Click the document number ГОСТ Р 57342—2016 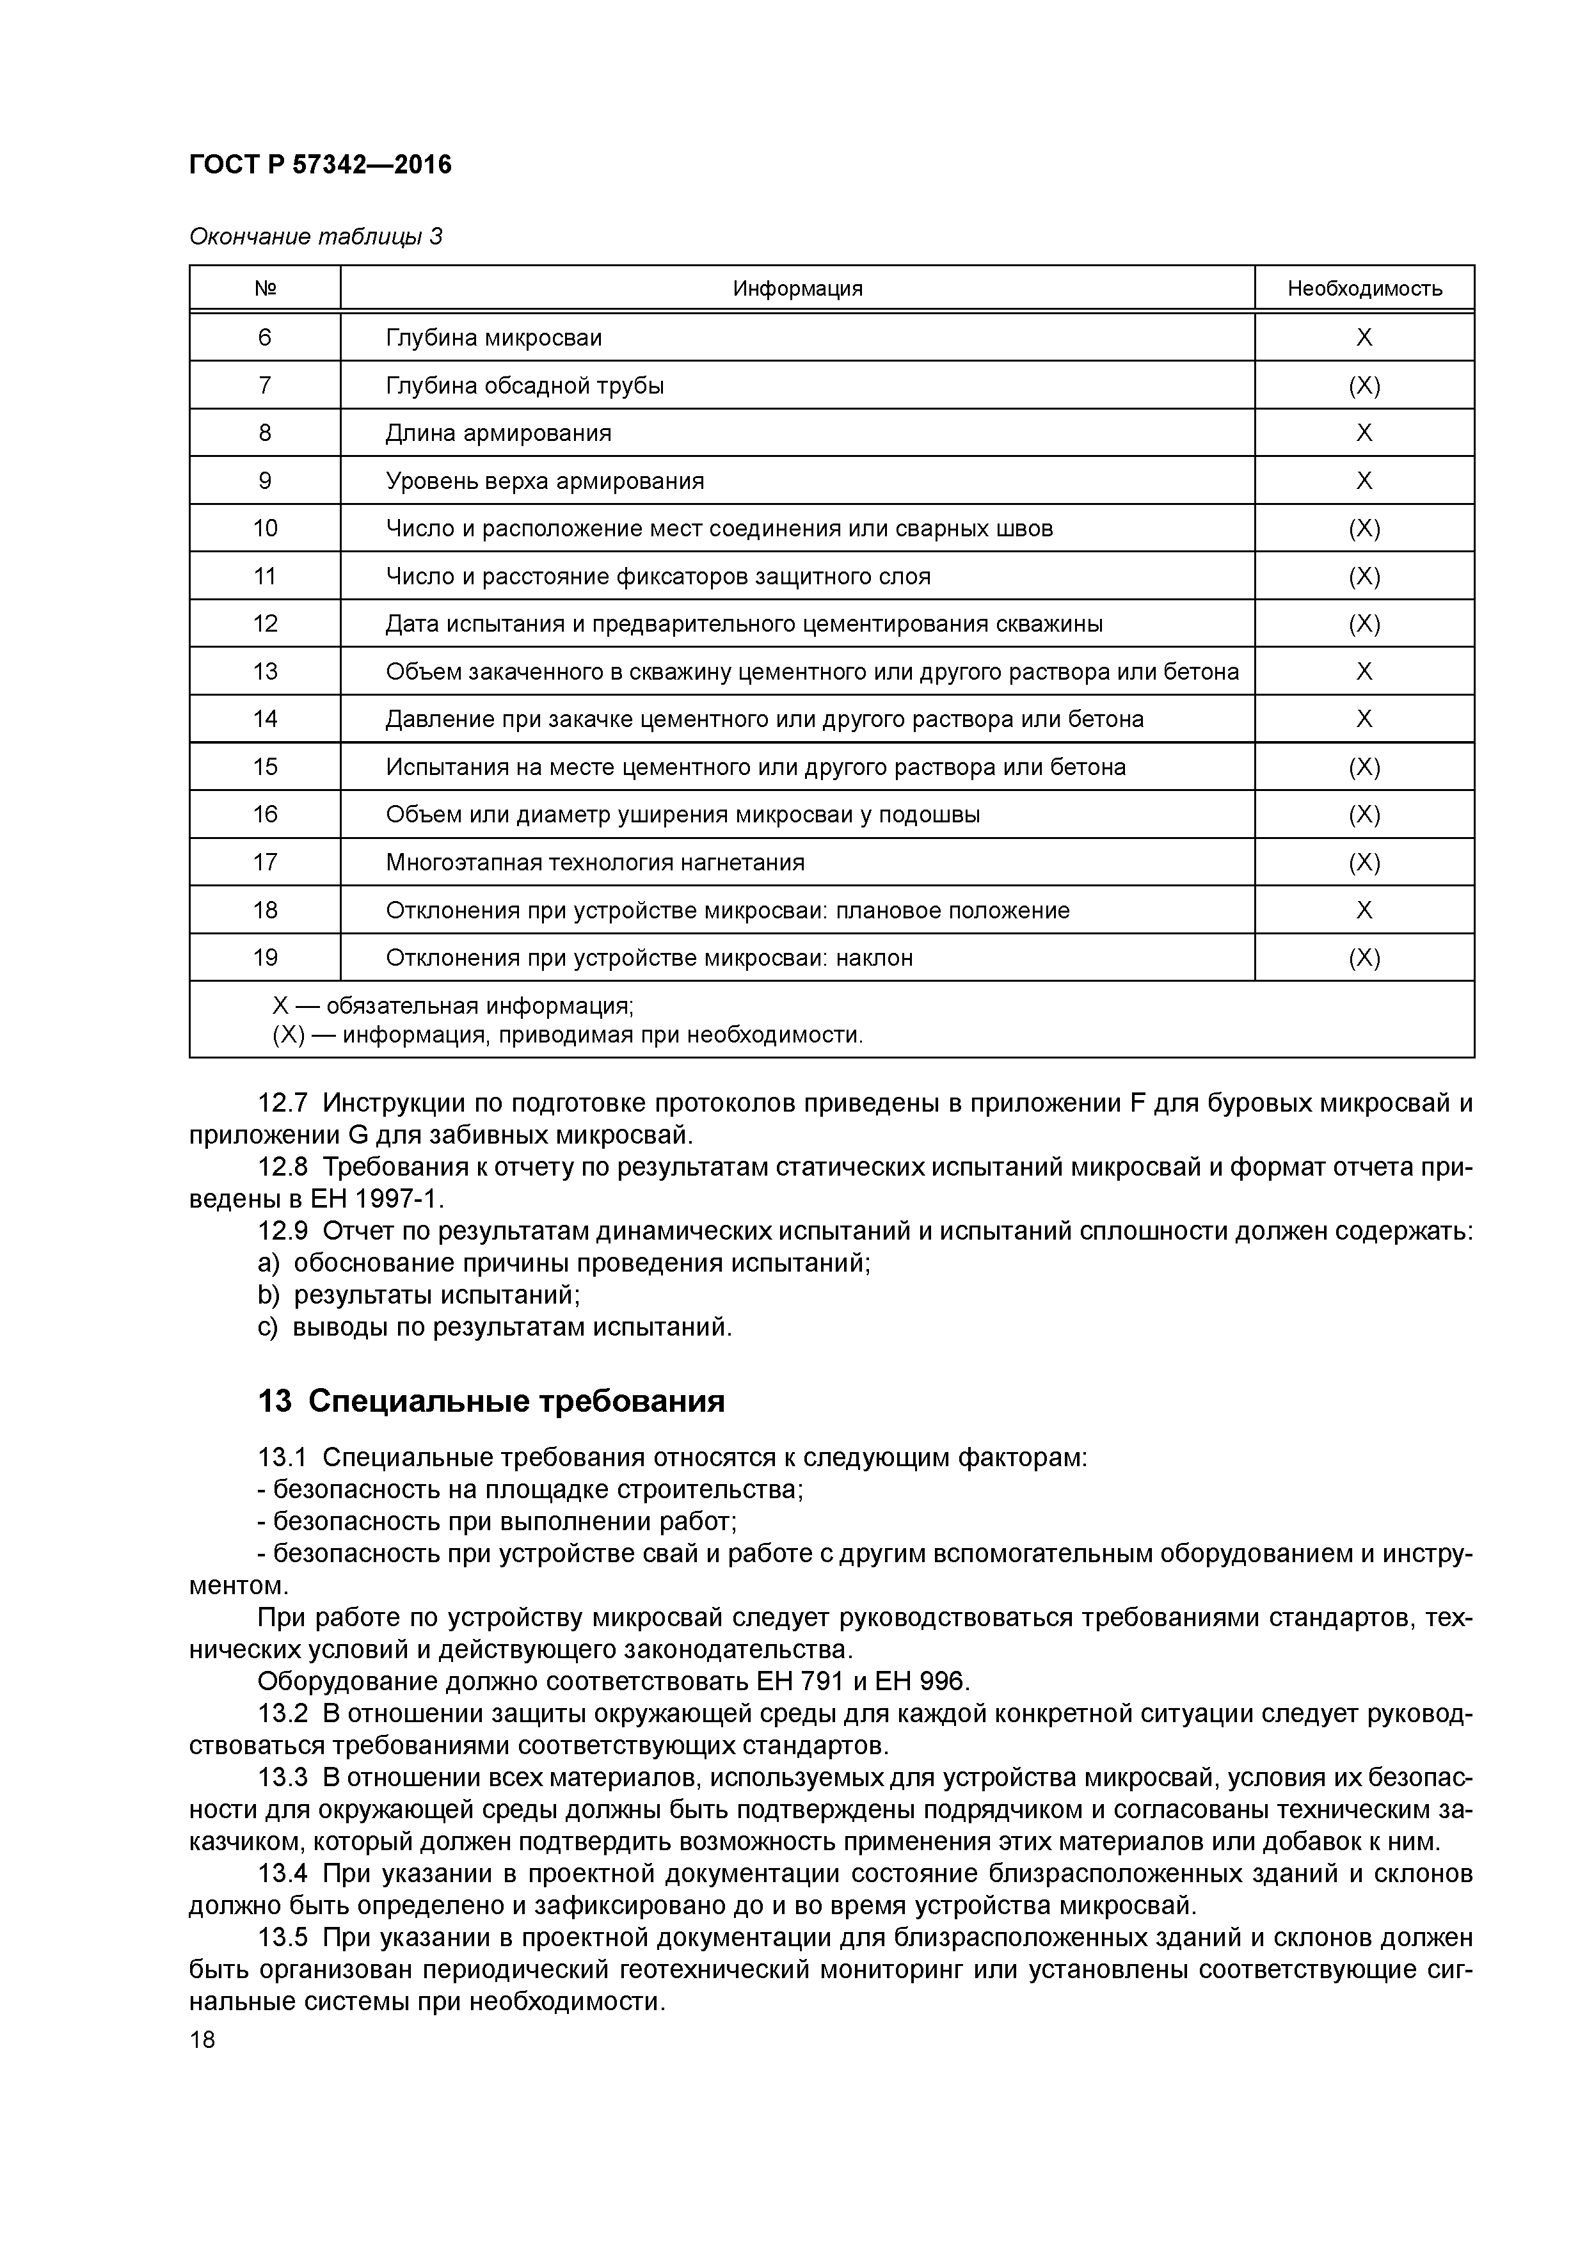[x=320, y=165]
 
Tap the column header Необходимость [x=1364, y=289]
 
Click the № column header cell [x=265, y=289]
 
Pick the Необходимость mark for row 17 [x=1364, y=863]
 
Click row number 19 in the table [x=265, y=958]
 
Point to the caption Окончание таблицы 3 [x=315, y=237]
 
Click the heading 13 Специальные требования [x=491, y=1401]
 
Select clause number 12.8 [x=283, y=1167]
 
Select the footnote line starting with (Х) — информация [x=567, y=1034]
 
